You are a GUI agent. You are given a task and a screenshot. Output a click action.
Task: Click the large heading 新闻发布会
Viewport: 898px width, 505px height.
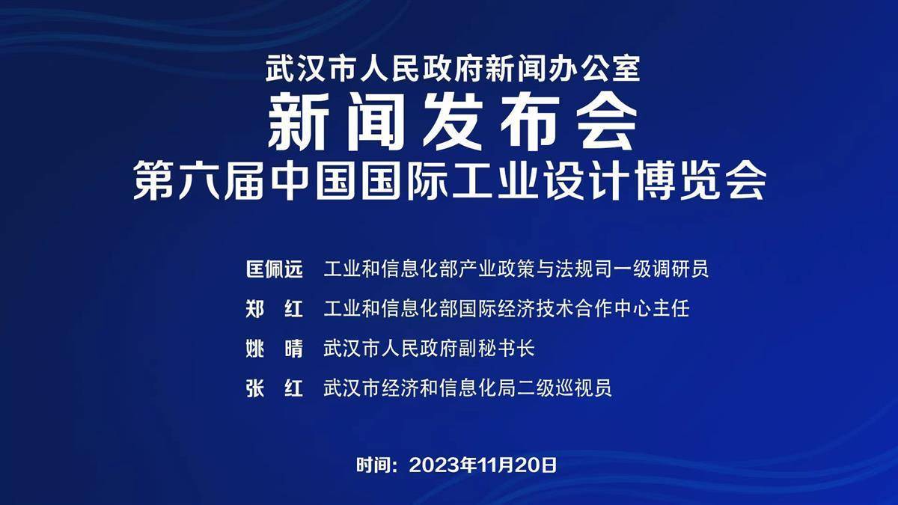click(453, 121)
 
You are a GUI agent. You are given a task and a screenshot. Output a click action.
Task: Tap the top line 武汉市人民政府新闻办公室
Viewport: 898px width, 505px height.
click(453, 69)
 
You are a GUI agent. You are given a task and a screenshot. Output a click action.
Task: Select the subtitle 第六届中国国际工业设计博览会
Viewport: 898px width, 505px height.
click(450, 180)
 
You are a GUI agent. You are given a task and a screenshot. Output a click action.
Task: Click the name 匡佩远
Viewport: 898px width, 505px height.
click(274, 269)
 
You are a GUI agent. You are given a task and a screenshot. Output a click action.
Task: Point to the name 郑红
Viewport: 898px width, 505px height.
click(274, 309)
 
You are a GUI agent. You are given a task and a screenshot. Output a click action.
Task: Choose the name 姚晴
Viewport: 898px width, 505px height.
click(274, 349)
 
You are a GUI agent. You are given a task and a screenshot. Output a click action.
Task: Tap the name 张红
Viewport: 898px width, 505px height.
click(274, 388)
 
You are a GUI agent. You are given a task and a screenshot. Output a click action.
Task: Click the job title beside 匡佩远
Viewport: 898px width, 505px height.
click(516, 269)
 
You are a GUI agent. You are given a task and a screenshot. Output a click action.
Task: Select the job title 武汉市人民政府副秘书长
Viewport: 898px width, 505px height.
click(429, 349)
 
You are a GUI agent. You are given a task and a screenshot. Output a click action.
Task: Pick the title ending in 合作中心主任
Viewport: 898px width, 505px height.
click(507, 309)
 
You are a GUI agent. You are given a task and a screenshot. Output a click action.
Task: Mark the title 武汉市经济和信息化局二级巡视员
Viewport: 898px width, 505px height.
click(468, 388)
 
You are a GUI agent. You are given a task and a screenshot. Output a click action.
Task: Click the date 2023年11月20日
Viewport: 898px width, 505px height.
click(483, 465)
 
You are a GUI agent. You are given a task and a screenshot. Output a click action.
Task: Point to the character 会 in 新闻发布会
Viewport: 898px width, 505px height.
click(607, 121)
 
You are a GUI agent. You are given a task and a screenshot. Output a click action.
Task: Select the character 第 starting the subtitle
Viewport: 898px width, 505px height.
click(153, 180)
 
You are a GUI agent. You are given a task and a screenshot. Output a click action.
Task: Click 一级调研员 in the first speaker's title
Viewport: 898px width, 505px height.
click(661, 269)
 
